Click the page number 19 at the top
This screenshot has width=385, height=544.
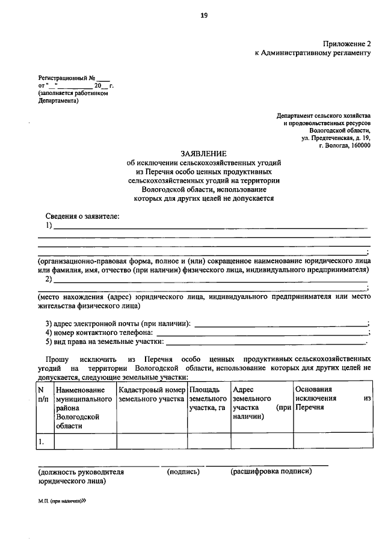click(x=204, y=16)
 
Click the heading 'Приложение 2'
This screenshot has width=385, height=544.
click(x=347, y=44)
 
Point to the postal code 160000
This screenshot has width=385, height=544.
click(x=359, y=145)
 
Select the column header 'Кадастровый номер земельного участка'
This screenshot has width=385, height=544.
click(x=152, y=394)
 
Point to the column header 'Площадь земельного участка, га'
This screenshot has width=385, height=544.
click(x=208, y=399)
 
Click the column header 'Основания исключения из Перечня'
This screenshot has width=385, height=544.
click(x=331, y=398)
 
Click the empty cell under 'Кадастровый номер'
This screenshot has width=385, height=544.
click(x=152, y=442)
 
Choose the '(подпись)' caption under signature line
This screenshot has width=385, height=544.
click(x=183, y=472)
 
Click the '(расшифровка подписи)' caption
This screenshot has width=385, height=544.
click(x=271, y=472)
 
